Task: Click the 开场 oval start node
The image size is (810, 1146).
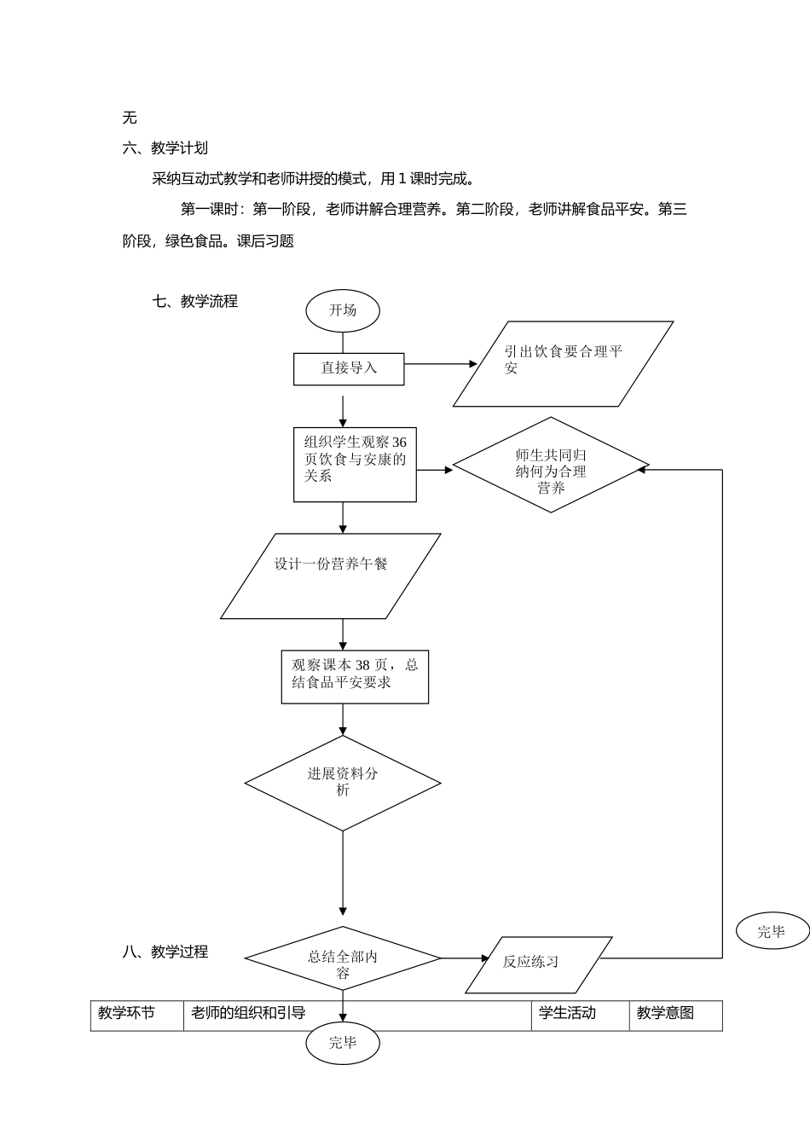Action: click(343, 310)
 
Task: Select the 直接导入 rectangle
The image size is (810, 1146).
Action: click(349, 368)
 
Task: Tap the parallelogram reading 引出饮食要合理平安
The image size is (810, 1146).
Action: click(563, 364)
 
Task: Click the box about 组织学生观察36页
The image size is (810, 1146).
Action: click(355, 464)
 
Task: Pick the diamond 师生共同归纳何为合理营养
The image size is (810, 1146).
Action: click(551, 465)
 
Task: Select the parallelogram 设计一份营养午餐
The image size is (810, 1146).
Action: click(331, 576)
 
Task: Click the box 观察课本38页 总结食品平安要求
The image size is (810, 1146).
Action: click(355, 677)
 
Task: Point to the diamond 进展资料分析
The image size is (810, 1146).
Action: click(343, 783)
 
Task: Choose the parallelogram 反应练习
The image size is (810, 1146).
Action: click(538, 964)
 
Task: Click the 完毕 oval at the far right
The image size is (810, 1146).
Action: click(771, 932)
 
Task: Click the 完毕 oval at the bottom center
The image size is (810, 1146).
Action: click(343, 1043)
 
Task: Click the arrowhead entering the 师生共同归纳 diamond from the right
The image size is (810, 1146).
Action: click(644, 468)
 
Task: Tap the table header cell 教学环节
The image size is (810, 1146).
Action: click(126, 1013)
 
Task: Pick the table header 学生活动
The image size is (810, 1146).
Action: click(567, 1013)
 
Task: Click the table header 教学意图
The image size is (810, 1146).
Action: click(665, 1013)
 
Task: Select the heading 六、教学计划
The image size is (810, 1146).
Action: click(165, 148)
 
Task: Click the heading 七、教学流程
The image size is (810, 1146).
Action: click(195, 301)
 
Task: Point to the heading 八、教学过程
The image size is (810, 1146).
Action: click(165, 952)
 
